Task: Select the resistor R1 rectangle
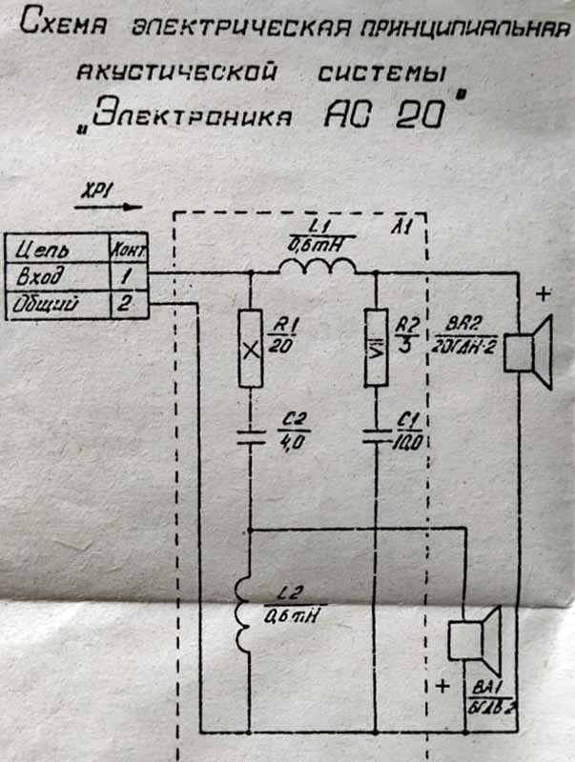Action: [250, 349]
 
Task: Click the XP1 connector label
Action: [99, 191]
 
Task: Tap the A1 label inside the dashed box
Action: [403, 227]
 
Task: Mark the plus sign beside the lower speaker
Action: [442, 685]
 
